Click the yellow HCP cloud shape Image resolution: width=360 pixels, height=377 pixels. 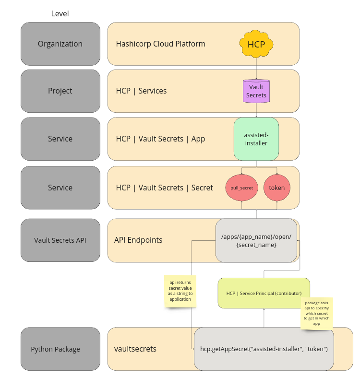pyautogui.click(x=256, y=45)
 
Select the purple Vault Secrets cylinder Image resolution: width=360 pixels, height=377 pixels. pyautogui.click(x=256, y=91)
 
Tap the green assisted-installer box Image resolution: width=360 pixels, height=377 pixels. pyautogui.click(x=256, y=139)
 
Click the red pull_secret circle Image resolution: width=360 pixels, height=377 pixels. pyautogui.click(x=242, y=188)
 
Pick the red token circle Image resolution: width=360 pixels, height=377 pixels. pyautogui.click(x=277, y=188)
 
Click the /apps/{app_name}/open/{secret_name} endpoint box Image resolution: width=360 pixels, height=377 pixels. pyautogui.click(x=256, y=240)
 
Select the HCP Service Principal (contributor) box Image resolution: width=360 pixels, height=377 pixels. pyautogui.click(x=264, y=293)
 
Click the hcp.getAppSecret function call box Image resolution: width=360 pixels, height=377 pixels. pyautogui.click(x=264, y=349)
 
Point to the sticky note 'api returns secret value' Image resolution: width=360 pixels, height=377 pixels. pyautogui.click(x=180, y=291)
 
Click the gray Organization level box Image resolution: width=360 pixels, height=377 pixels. pyautogui.click(x=60, y=44)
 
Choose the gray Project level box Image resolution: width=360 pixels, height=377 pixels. pyautogui.click(x=60, y=91)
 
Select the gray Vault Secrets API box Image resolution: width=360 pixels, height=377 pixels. pyautogui.click(x=60, y=240)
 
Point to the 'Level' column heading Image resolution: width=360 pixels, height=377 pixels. pyautogui.click(x=60, y=13)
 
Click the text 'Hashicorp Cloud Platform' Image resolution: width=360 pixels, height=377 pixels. pyautogui.click(x=161, y=44)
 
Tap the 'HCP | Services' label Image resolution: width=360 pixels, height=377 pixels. pyautogui.click(x=142, y=91)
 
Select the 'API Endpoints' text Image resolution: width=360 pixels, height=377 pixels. pyautogui.click(x=138, y=240)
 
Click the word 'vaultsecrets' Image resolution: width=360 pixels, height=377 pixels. pyautogui.click(x=135, y=349)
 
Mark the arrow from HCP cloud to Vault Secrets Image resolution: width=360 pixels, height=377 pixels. pyautogui.click(x=256, y=68)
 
